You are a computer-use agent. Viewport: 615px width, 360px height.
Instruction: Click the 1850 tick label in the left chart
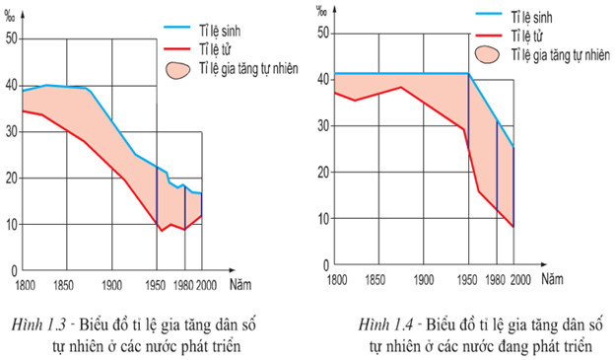63,285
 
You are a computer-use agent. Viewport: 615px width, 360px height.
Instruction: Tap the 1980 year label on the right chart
495,279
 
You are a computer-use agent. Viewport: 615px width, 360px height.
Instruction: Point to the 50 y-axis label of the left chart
12,38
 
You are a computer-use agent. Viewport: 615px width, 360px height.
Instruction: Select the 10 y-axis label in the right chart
323,219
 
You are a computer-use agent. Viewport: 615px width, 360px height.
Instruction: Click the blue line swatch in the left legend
176,27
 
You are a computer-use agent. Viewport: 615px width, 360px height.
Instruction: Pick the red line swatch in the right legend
489,36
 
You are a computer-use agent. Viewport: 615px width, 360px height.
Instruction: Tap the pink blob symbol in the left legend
177,70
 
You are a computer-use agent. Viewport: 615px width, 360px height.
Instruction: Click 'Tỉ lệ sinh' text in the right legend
531,18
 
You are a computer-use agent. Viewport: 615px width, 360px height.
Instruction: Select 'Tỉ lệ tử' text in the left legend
215,50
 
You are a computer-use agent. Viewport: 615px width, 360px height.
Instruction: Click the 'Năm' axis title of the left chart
240,284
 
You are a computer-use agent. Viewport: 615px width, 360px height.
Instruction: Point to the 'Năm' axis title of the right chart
552,279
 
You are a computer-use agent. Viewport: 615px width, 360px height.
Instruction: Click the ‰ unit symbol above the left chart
10,16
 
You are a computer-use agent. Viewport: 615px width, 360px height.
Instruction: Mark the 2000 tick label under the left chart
206,285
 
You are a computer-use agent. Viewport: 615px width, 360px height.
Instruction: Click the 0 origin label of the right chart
326,265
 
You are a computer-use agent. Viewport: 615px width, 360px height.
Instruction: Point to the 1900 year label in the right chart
424,279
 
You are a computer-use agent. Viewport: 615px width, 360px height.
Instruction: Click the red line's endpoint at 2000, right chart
513,227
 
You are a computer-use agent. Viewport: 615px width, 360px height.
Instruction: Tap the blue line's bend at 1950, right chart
468,73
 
